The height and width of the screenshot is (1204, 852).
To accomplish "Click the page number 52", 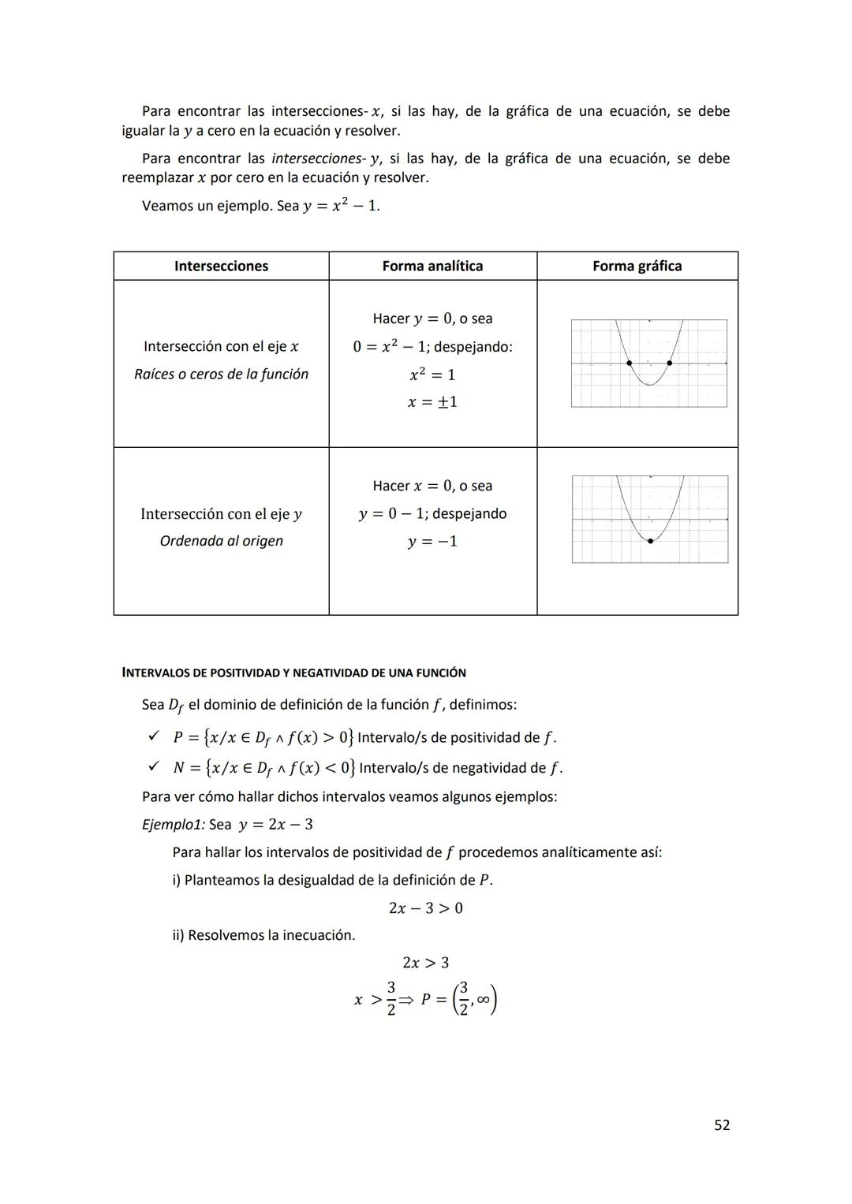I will pos(721,1125).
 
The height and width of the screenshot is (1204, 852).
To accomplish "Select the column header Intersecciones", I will pos(221,267).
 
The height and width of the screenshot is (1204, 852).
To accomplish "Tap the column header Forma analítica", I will pos(432,267).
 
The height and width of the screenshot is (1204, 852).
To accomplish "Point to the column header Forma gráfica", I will pos(637,267).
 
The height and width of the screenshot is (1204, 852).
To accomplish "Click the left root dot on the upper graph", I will pos(629,363).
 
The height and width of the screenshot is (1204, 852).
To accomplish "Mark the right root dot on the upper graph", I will pos(669,363).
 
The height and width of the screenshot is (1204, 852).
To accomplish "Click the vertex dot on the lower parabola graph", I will pos(650,541).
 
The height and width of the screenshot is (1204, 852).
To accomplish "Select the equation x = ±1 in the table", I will pos(432,402).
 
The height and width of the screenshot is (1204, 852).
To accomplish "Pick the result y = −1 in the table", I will pos(432,542).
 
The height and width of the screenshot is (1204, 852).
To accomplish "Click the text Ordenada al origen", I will pos(221,542).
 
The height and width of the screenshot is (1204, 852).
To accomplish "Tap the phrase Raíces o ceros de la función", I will pos(221,375).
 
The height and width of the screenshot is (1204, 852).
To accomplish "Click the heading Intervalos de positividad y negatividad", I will pos(293,673).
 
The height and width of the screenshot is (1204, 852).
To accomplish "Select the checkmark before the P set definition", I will pos(154,736).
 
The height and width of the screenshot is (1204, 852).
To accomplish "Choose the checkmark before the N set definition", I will pos(154,766).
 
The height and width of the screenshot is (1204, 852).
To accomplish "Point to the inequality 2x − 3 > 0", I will pos(426,908).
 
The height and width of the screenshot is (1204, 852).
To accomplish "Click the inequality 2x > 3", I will pos(426,963).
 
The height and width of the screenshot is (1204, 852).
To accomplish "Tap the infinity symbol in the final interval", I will pos(483,1000).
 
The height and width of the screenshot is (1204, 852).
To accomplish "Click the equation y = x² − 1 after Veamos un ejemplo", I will pos(341,206).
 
